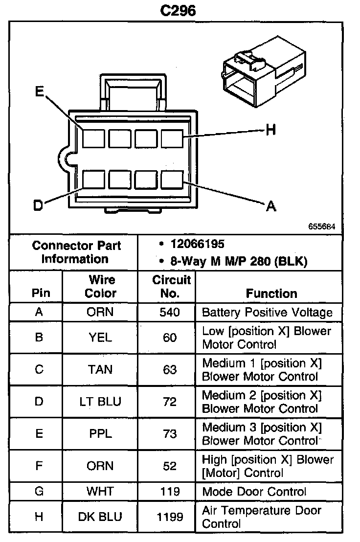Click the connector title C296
[178, 10]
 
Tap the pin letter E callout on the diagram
[40, 91]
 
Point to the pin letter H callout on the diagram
[271, 130]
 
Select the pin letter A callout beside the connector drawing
[271, 206]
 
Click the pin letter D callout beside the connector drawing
[38, 205]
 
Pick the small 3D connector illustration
[264, 71]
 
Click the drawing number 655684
[322, 226]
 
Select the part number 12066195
[198, 244]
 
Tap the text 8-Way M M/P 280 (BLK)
[239, 261]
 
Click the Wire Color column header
[101, 286]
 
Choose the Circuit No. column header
[171, 286]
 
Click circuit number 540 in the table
[170, 312]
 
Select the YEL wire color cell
[100, 338]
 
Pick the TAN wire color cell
[100, 369]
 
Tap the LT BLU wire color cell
[100, 402]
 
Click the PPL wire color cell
[100, 433]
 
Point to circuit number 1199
[170, 517]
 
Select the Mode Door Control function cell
[254, 492]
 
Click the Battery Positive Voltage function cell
[267, 313]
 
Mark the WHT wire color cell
[100, 491]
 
